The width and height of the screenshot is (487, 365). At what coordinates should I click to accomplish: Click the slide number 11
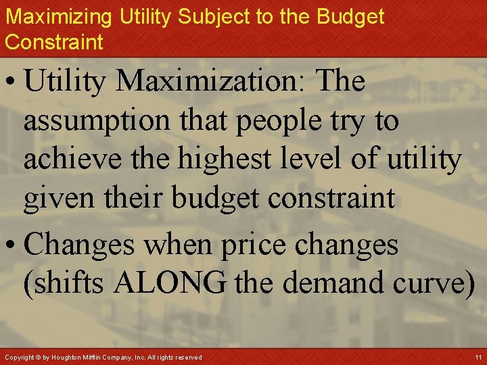pyautogui.click(x=478, y=357)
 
